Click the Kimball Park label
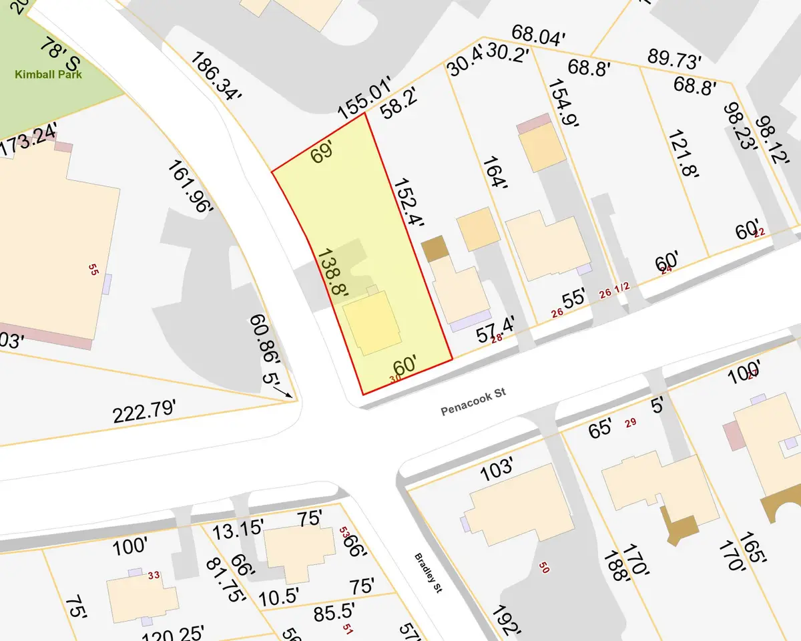48,74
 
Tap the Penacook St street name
473,403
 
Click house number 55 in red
93,268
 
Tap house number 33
154,575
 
